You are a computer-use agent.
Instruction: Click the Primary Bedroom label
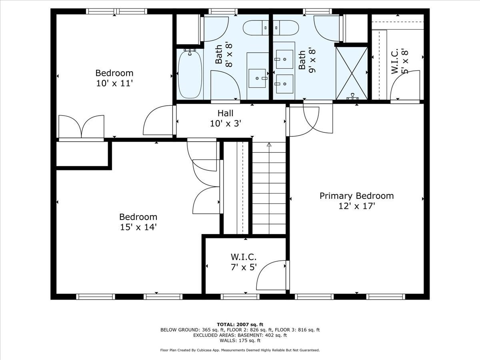(x=356, y=196)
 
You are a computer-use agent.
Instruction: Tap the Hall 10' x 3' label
(x=226, y=118)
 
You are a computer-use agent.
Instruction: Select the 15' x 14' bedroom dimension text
(x=138, y=227)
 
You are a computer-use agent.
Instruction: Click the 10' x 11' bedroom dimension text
(x=114, y=83)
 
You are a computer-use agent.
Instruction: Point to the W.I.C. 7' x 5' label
(x=243, y=262)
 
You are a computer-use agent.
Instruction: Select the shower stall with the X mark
(x=352, y=73)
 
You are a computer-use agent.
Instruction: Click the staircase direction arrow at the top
(x=269, y=145)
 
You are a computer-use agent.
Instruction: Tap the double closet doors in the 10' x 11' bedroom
(x=82, y=127)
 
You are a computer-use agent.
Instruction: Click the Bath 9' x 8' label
(x=307, y=60)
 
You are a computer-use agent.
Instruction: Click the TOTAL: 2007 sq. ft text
(x=240, y=324)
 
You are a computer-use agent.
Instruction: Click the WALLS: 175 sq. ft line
(x=240, y=341)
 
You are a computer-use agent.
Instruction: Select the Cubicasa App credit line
(x=240, y=350)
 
